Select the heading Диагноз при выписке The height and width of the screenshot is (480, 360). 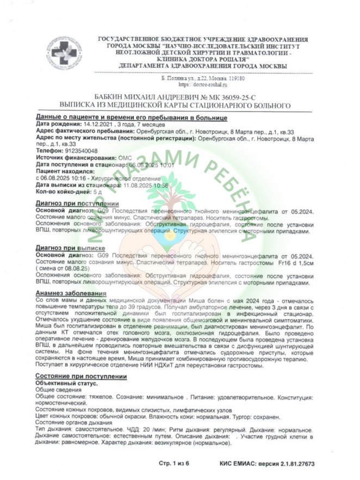pos(72,248)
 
